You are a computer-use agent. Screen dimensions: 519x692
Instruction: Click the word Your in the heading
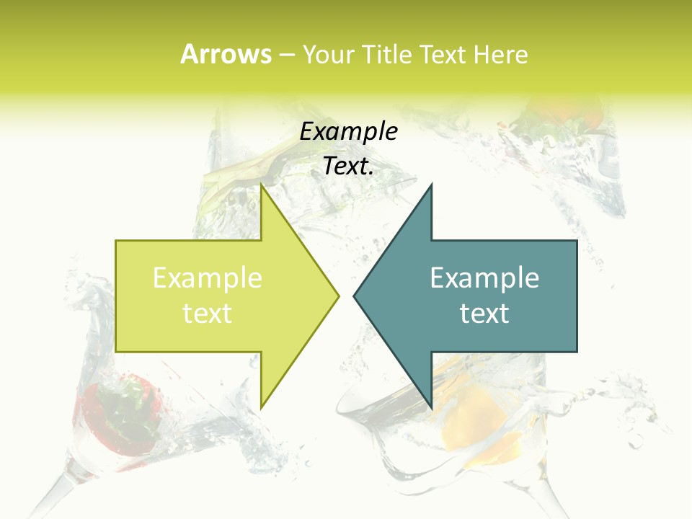point(327,54)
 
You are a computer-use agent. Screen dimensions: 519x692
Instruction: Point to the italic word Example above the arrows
point(349,131)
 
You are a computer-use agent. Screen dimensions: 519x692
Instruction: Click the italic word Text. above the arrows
point(349,166)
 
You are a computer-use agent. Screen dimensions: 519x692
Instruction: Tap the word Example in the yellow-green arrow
point(208,278)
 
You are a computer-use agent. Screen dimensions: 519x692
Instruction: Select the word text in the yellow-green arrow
point(208,313)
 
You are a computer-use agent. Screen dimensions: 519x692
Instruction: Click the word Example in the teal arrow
point(484,278)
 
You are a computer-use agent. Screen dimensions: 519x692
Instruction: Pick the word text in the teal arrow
point(484,313)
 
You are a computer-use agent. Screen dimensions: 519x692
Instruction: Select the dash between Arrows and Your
point(286,55)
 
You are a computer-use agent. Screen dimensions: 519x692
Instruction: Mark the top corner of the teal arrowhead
point(431,185)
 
